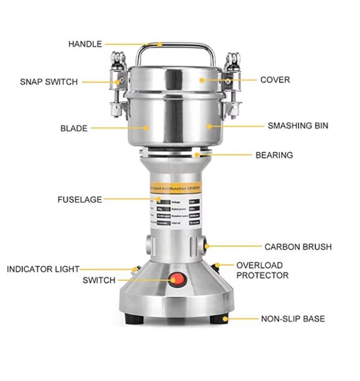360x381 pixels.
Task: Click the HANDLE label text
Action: pos(85,44)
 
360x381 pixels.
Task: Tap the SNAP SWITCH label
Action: pos(49,82)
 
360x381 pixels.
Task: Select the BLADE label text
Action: pos(74,128)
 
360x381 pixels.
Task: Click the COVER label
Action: pos(275,80)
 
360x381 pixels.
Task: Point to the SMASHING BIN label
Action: pos(298,125)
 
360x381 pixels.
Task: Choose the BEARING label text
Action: pos(275,155)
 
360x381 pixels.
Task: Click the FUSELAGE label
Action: pos(80,199)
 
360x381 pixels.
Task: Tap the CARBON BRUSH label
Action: pos(297,247)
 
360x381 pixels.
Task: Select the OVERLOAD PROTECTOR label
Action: pos(262,270)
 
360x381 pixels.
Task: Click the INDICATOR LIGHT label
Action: pos(43,269)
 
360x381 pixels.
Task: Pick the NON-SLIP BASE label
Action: pos(293,319)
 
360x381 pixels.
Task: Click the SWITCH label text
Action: pos(99,280)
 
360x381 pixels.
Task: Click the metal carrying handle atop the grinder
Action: pos(174,46)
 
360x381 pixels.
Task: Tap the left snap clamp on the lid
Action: pos(120,85)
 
